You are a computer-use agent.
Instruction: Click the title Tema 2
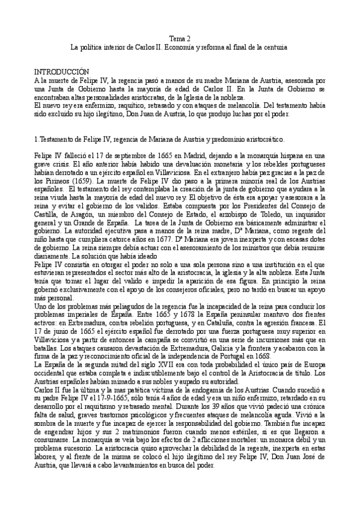pyautogui.click(x=180, y=37)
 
